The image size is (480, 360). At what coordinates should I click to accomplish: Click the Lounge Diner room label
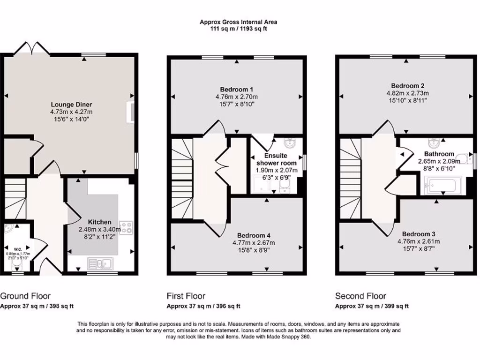(72, 105)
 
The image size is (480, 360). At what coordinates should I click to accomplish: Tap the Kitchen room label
(100, 222)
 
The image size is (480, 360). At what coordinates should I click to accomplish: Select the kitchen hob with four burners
(126, 228)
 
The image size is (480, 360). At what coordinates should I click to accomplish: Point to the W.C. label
(18, 249)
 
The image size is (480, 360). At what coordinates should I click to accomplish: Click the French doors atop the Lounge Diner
(32, 48)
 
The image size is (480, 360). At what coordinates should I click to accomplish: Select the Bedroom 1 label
(237, 90)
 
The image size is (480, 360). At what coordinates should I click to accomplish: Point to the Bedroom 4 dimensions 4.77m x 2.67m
(254, 243)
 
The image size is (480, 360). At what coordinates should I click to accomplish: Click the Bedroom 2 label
(408, 86)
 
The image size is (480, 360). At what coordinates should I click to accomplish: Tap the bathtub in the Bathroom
(442, 185)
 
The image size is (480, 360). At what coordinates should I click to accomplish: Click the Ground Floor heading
(25, 296)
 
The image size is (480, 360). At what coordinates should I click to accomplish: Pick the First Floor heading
(186, 296)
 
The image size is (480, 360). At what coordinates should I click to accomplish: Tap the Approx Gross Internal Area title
(239, 22)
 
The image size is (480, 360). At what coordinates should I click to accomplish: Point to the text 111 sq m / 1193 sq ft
(239, 29)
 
